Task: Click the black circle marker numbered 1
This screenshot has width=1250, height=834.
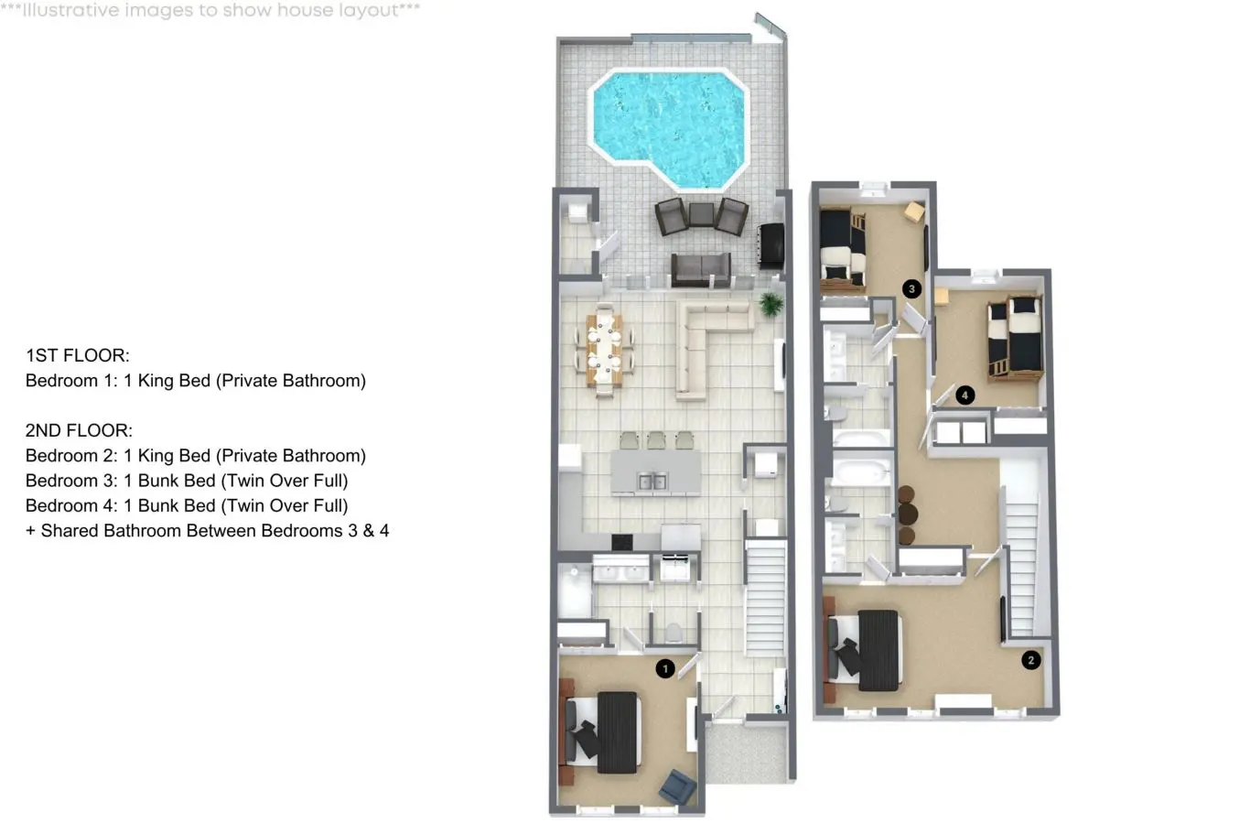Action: pyautogui.click(x=664, y=668)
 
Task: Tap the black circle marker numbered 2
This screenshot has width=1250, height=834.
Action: pyautogui.click(x=1030, y=660)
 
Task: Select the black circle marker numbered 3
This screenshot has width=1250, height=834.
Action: pyautogui.click(x=911, y=288)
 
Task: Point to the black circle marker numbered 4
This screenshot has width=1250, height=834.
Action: pyautogui.click(x=964, y=395)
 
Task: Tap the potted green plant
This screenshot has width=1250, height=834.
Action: pyautogui.click(x=771, y=304)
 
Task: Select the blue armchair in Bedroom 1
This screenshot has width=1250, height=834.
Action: pyautogui.click(x=678, y=787)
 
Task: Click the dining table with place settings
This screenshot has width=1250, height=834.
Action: pyautogui.click(x=604, y=351)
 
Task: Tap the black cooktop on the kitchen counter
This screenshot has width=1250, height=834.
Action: pyautogui.click(x=621, y=541)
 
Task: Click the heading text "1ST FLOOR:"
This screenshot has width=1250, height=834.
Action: pyautogui.click(x=78, y=355)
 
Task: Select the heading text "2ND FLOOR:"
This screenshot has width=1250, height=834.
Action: pyautogui.click(x=80, y=430)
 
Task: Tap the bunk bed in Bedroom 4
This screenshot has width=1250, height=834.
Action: pyautogui.click(x=1015, y=339)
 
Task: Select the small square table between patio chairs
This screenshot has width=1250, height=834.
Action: pyautogui.click(x=702, y=214)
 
